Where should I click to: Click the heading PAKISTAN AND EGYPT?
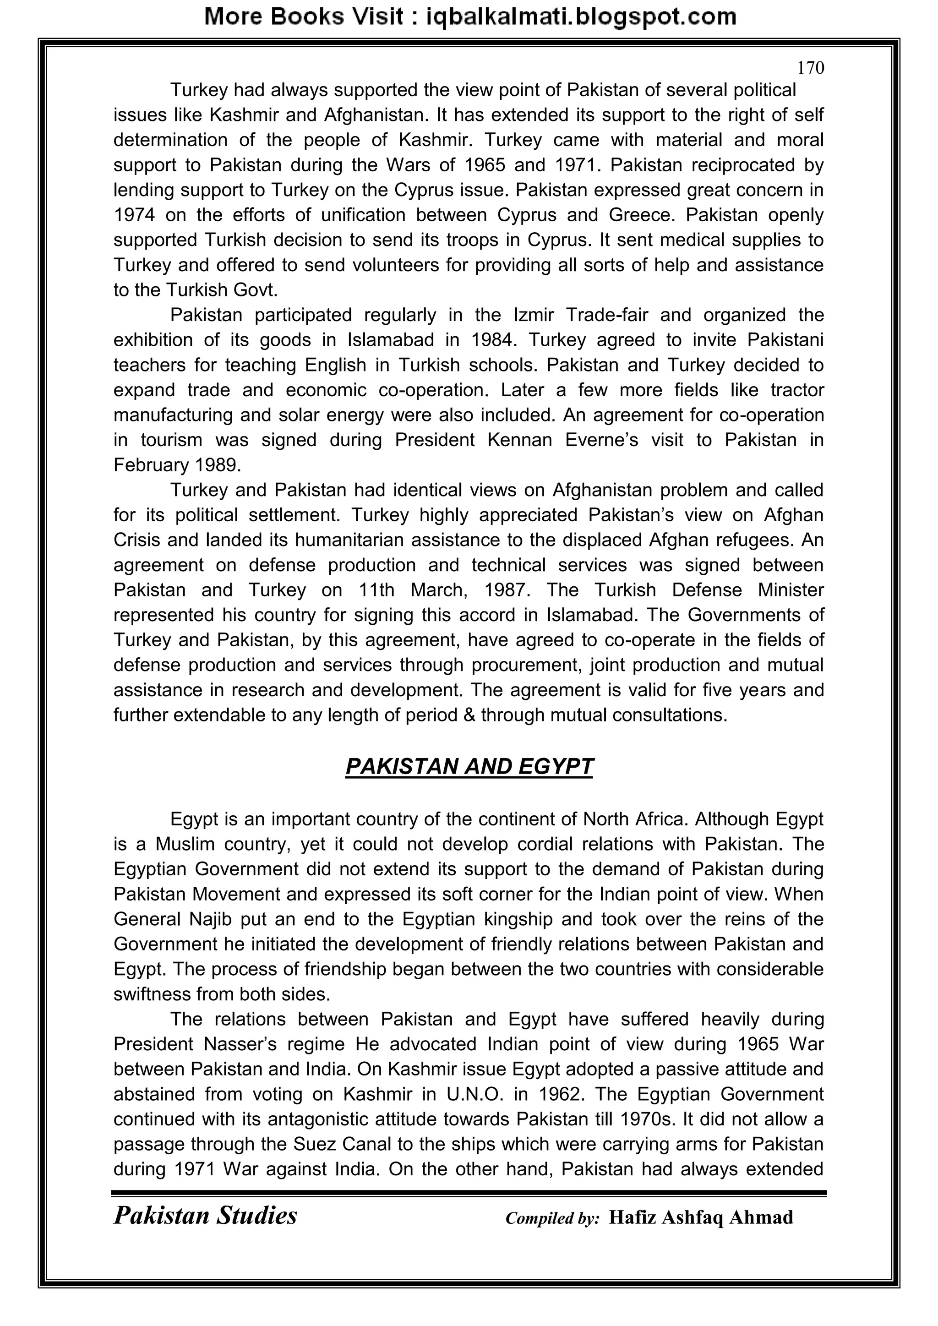point(469,766)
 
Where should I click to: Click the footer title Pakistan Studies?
point(205,1216)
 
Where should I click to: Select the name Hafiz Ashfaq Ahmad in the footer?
point(701,1217)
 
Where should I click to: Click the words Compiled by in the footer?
point(552,1218)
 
